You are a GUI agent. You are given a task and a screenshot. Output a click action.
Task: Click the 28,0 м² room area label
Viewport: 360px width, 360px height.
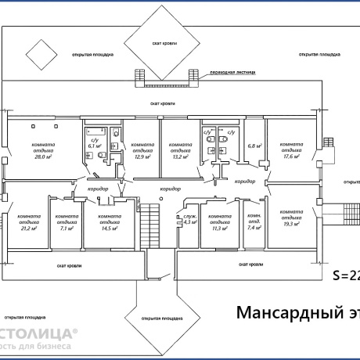tap(42, 157)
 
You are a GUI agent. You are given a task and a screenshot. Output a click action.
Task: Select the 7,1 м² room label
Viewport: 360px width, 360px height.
tap(67, 229)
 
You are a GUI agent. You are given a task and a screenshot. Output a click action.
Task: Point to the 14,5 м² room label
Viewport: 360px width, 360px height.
tap(109, 229)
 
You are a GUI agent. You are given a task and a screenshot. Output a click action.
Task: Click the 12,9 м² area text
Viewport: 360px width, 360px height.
tap(142, 157)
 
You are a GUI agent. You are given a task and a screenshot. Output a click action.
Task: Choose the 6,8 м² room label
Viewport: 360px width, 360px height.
tap(254, 146)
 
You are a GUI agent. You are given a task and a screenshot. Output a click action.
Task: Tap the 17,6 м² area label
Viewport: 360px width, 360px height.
tap(290, 157)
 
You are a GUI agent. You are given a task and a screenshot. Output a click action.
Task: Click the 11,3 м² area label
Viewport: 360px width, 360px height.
tap(217, 229)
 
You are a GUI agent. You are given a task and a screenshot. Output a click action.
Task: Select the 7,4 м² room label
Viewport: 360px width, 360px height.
tap(254, 229)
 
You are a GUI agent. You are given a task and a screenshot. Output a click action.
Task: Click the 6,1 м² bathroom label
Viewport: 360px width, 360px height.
tap(95, 146)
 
